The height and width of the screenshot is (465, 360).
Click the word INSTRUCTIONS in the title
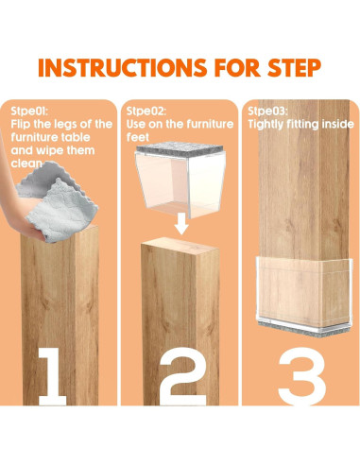point(123,67)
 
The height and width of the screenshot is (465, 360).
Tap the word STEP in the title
point(295,67)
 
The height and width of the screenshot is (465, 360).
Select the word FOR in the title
point(237,67)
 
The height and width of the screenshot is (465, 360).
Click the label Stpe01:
point(29,111)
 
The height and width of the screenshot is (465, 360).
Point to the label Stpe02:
point(146,111)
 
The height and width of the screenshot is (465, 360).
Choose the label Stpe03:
point(267,111)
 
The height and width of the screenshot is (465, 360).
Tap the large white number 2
point(183,376)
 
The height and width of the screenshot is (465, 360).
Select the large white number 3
point(302,376)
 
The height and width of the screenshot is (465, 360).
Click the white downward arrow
point(181,223)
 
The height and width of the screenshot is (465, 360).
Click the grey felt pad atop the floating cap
point(180,149)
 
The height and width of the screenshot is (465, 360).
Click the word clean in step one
point(26,164)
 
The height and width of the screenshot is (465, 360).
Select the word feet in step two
point(138,137)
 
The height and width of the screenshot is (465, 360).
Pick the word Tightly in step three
point(266,125)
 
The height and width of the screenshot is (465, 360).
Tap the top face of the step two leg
point(180,245)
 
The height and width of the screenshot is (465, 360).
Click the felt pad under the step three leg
point(304,330)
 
